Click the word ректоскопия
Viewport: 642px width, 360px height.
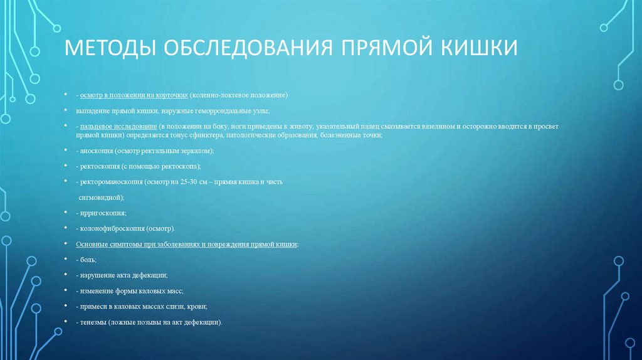click(103, 166)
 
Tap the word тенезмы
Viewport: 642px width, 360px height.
click(93, 322)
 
